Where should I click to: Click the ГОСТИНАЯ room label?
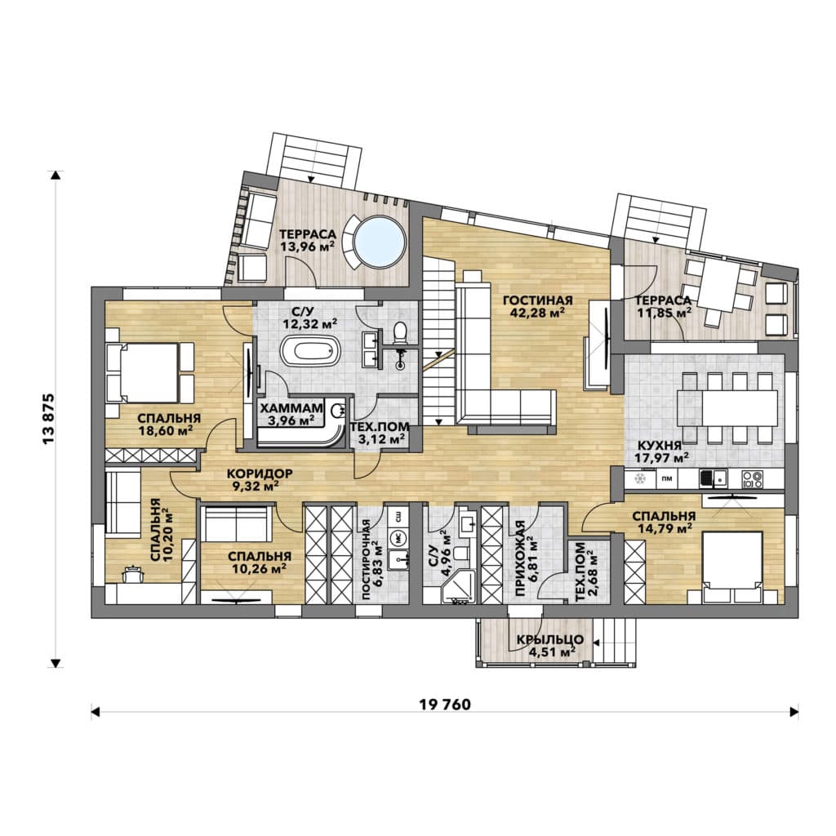click(x=538, y=301)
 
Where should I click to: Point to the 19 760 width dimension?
click(x=445, y=705)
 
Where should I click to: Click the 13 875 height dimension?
click(x=48, y=419)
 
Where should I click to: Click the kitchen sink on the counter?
click(x=713, y=478)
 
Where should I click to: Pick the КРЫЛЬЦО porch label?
click(x=550, y=640)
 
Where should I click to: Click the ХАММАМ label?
click(x=291, y=408)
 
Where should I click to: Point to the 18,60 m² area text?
click(x=166, y=431)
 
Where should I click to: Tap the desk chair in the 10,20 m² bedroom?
click(x=133, y=574)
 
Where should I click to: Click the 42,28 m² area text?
click(x=538, y=313)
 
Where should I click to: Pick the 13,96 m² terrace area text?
click(x=308, y=247)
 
